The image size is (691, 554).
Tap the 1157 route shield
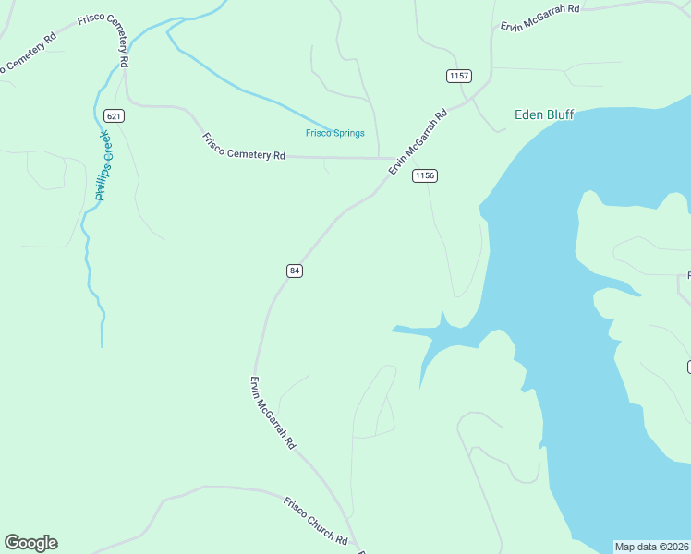[458, 76]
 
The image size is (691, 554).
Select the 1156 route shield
[424, 175]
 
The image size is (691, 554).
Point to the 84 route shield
[294, 271]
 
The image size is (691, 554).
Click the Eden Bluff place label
[544, 114]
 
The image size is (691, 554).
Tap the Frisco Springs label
[335, 133]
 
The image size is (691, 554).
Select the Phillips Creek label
[103, 165]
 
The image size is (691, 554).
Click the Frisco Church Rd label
[315, 521]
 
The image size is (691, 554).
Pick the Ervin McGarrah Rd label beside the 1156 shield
[418, 142]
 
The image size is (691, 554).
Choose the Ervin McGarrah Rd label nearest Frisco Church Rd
[273, 412]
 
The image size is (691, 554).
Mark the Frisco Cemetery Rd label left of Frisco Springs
[244, 147]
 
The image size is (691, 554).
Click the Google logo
[30, 543]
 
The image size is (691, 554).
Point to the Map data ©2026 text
[652, 547]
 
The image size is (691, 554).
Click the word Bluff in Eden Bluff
[559, 114]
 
